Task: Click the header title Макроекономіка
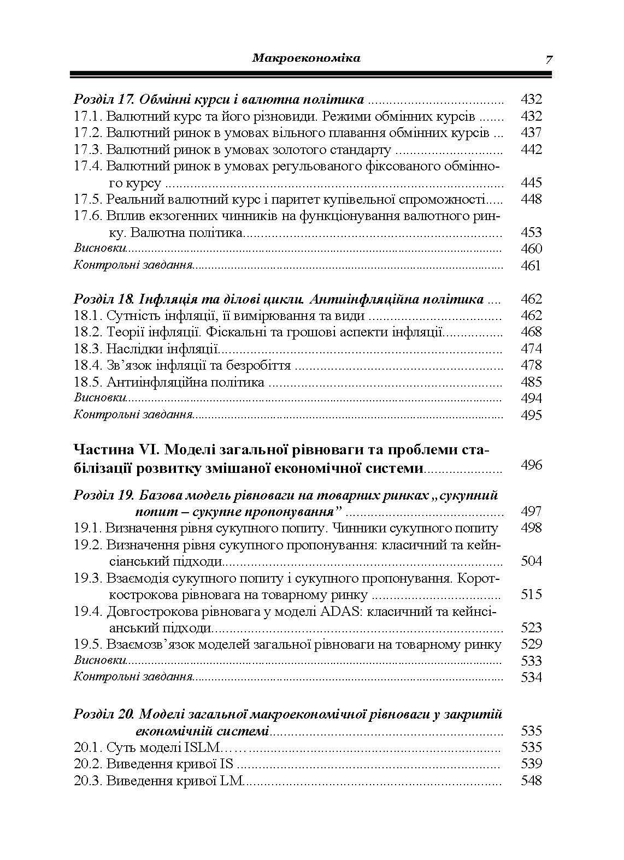tap(306, 58)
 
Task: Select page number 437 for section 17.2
tap(531, 133)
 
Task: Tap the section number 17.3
tap(88, 150)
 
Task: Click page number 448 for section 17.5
tap(531, 199)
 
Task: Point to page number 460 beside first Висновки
tap(531, 249)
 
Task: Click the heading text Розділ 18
tap(104, 299)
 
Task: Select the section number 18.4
tap(88, 365)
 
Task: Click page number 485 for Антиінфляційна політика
tap(531, 382)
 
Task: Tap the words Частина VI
tap(115, 450)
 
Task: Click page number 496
tap(531, 465)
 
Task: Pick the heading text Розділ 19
tap(104, 496)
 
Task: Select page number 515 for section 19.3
tap(531, 595)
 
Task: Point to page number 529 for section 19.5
tap(531, 644)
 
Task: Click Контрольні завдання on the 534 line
tap(133, 678)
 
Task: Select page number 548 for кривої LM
tap(531, 781)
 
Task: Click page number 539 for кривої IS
tap(531, 764)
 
